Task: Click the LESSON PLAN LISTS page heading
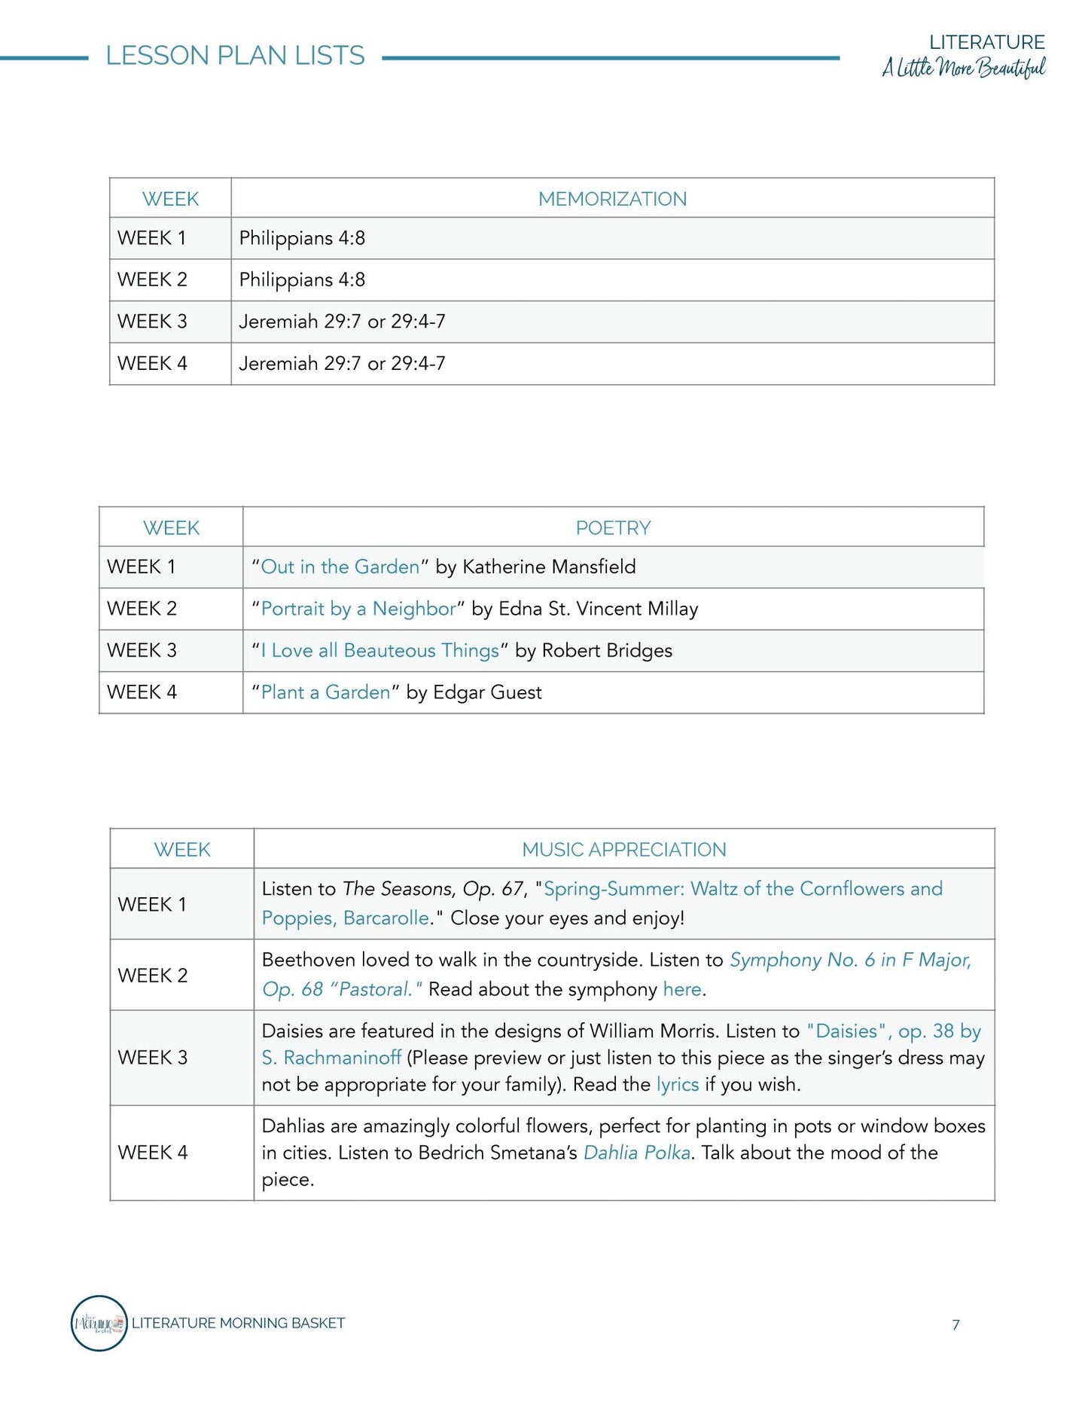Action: coord(235,56)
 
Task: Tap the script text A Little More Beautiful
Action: coord(964,68)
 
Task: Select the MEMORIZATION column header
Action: coord(612,199)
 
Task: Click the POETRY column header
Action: coord(613,528)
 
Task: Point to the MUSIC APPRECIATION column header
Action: coord(623,850)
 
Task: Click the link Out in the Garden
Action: coord(340,567)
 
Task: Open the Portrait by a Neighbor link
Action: coord(358,609)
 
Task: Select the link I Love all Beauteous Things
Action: coord(379,651)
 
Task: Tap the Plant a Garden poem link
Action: coord(325,692)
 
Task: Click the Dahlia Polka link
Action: coord(637,1153)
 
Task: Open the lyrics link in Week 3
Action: coord(678,1085)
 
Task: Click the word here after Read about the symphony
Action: coord(682,989)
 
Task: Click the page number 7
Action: coord(955,1325)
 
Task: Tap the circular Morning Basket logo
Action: coord(99,1323)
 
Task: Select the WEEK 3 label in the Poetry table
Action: coord(142,651)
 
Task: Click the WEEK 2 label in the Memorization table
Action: coord(152,280)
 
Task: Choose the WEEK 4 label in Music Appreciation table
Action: coord(152,1153)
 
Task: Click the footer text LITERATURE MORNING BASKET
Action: coord(238,1323)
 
